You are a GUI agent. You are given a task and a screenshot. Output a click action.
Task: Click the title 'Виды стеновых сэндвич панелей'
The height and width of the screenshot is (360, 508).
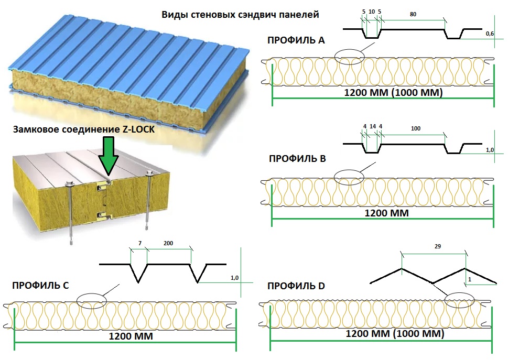tap(240, 15)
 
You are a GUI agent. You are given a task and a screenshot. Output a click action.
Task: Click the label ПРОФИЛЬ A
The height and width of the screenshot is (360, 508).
tap(296, 40)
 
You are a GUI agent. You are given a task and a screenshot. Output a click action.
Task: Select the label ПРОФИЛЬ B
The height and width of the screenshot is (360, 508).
tap(297, 158)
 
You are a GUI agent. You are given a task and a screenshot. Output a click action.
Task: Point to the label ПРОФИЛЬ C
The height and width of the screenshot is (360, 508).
tap(40, 285)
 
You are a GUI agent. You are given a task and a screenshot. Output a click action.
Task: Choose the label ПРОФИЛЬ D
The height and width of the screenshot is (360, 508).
tap(296, 286)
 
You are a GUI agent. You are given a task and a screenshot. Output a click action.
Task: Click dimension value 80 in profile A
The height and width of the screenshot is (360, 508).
tap(413, 15)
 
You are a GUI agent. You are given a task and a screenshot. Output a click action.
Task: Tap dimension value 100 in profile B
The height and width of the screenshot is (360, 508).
tap(416, 128)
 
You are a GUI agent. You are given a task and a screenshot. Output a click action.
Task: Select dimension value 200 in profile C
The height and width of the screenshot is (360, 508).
tap(168, 244)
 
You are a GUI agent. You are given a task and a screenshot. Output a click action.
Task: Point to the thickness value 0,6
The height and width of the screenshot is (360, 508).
tap(490, 34)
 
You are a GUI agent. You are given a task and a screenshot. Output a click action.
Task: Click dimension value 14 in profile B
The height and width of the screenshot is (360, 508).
tap(372, 127)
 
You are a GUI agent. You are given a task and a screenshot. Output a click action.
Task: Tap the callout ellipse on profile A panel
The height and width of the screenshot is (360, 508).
tap(349, 57)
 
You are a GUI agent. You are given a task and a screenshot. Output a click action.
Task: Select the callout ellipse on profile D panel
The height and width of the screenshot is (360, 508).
tap(459, 299)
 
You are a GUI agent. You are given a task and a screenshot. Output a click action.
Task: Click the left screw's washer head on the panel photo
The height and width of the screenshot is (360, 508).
tap(69, 183)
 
